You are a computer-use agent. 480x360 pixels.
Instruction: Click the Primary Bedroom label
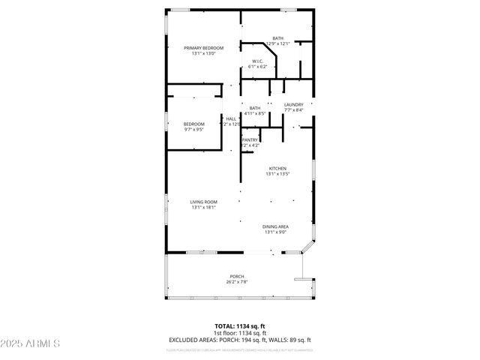point(204,48)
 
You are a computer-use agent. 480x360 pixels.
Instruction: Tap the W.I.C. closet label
point(257,61)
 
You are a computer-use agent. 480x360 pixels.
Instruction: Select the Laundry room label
point(293,104)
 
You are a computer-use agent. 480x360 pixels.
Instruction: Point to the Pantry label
point(250,140)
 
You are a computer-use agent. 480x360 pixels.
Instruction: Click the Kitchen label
point(277,169)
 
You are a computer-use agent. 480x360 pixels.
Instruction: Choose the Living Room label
point(203,202)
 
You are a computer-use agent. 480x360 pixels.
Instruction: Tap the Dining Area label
point(276,226)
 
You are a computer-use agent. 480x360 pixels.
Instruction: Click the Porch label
point(236,277)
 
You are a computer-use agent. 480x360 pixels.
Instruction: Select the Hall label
point(231,118)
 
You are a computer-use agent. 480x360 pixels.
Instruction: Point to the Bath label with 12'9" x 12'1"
point(277,38)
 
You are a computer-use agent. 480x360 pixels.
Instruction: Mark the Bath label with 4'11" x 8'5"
point(255,108)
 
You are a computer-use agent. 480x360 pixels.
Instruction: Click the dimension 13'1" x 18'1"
point(203,208)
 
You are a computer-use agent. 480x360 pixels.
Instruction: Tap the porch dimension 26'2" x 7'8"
point(236,283)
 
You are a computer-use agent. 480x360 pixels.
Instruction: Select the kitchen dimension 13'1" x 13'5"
point(277,175)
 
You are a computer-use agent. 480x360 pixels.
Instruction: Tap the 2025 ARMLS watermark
point(31,344)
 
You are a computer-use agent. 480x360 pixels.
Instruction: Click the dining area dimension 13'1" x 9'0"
point(276,232)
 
